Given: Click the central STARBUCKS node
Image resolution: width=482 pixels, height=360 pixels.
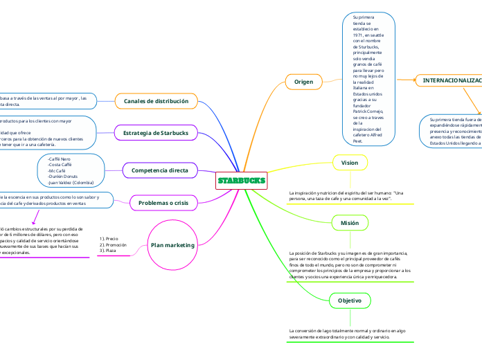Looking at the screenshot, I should pyautogui.click(x=241, y=181).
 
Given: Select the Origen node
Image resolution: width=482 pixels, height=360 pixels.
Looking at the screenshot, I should pyautogui.click(x=304, y=82).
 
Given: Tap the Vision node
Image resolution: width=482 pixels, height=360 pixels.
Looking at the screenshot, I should pyautogui.click(x=350, y=162).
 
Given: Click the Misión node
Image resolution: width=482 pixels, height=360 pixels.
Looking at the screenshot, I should pyautogui.click(x=350, y=223).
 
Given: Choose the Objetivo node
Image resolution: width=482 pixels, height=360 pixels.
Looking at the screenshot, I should pyautogui.click(x=350, y=301).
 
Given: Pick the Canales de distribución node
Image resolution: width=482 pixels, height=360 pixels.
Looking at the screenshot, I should pyautogui.click(x=156, y=101).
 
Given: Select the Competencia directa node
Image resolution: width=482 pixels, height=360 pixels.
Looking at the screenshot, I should pyautogui.click(x=159, y=170).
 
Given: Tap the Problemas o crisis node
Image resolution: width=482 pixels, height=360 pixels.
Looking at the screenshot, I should pyautogui.click(x=163, y=202).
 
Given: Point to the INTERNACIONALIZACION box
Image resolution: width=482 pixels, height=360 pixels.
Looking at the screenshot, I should pyautogui.click(x=450, y=81).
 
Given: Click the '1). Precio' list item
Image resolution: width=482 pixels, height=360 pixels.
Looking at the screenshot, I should pyautogui.click(x=109, y=239).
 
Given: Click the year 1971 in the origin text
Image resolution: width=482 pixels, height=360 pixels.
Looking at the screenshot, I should pyautogui.click(x=359, y=34).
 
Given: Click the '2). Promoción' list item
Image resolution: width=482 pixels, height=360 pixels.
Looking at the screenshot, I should pyautogui.click(x=114, y=244).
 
